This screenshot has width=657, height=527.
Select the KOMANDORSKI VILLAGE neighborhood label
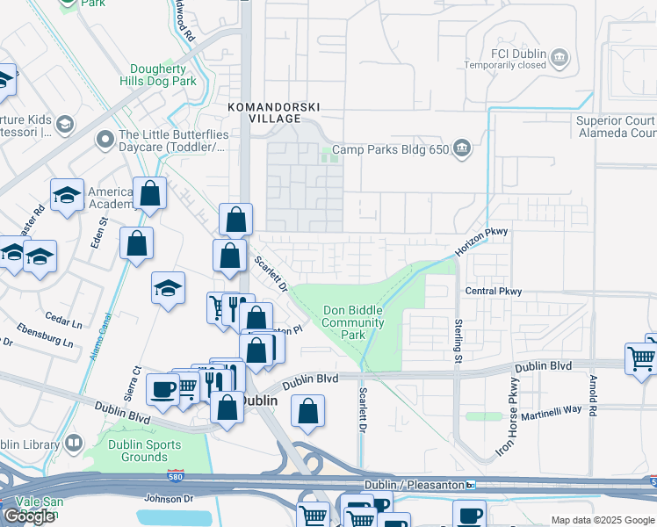(274, 112)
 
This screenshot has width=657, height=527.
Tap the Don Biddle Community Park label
(353, 322)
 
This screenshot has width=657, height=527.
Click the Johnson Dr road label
(168, 498)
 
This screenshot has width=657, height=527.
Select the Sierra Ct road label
(136, 382)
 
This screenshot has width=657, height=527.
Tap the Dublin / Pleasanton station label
(413, 485)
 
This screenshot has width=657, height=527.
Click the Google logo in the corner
(29, 516)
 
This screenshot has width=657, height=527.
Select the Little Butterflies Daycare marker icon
(105, 140)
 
